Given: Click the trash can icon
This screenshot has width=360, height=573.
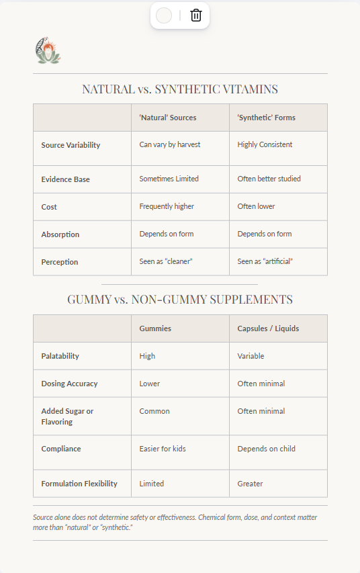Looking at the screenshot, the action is click(196, 15).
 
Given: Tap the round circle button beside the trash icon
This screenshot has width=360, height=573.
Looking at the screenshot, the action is click(164, 15).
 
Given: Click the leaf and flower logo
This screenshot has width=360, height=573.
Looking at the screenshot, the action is click(48, 50).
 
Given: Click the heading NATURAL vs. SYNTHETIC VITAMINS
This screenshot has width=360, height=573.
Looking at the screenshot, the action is click(180, 89).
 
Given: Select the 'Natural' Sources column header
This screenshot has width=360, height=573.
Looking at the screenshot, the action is click(168, 118).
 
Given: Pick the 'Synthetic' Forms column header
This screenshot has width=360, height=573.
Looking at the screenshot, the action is click(267, 118).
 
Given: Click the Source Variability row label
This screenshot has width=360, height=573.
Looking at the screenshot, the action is click(71, 145).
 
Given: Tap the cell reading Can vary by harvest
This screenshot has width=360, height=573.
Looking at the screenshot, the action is click(170, 144).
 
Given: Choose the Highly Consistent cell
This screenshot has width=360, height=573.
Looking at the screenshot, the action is click(265, 144).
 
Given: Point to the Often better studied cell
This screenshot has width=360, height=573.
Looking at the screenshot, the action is click(269, 179).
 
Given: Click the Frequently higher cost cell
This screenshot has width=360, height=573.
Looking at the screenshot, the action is click(167, 206).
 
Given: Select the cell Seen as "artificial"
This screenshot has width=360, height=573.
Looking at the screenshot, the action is click(265, 261).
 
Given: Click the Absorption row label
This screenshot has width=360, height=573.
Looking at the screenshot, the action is click(60, 234).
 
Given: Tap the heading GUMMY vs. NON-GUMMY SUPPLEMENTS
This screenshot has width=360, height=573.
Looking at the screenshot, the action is click(180, 300).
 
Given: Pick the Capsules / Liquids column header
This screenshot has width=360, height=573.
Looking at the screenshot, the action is click(269, 328).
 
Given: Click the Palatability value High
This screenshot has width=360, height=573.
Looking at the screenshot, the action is click(147, 356).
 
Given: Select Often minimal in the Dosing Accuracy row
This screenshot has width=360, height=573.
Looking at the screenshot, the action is click(261, 384).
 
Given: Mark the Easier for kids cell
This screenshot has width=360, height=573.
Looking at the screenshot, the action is click(163, 449).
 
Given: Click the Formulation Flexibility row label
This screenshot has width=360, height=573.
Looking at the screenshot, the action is click(79, 484).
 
